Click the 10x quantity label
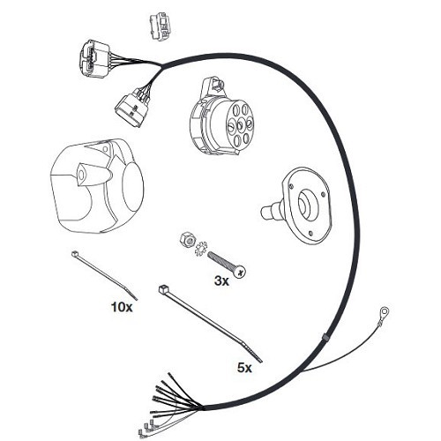(x=122, y=307)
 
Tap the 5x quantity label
(x=244, y=368)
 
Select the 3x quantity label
(x=221, y=281)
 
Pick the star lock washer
(x=201, y=249)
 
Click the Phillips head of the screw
(x=240, y=272)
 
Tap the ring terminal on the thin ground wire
(x=385, y=311)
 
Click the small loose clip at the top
(x=161, y=26)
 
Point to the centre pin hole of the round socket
(x=240, y=126)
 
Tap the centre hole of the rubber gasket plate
(x=306, y=203)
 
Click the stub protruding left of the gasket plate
(x=270, y=211)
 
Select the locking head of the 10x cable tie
(x=74, y=253)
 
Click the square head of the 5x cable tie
(x=162, y=288)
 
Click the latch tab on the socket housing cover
(x=93, y=175)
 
